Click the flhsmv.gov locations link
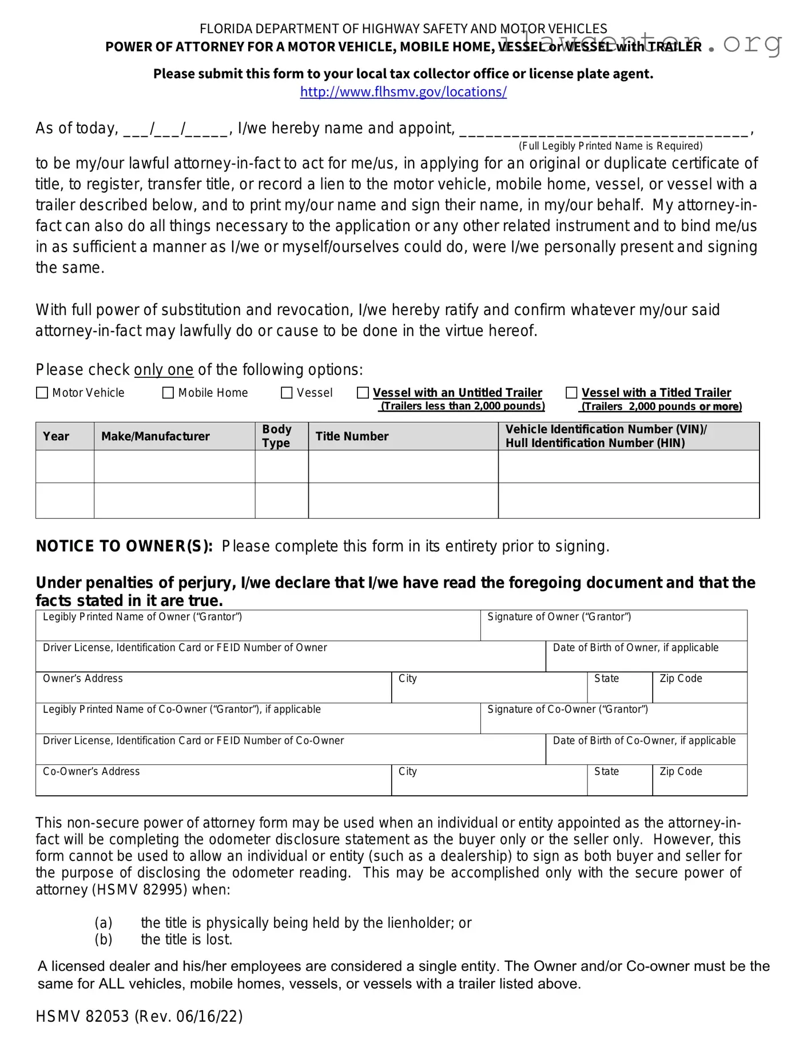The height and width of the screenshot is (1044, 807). (x=403, y=92)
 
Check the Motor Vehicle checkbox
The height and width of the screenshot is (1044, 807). (x=42, y=393)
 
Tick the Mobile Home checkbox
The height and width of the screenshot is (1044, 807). (x=168, y=393)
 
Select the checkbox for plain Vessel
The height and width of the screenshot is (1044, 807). (x=287, y=393)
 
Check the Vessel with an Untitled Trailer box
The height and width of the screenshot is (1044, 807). (x=363, y=393)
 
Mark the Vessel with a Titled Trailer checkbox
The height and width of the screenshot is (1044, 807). (x=571, y=393)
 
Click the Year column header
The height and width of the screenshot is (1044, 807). (x=56, y=436)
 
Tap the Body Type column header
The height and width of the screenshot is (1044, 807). (x=277, y=436)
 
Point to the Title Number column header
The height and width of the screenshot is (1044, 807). (x=352, y=436)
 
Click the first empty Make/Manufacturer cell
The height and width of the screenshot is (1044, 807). (x=174, y=467)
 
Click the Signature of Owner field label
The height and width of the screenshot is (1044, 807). (x=559, y=617)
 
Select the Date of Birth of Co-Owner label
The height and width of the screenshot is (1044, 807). (x=644, y=741)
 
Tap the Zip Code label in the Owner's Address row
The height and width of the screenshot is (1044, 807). (x=681, y=679)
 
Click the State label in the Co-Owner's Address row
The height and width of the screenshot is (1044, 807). (x=606, y=772)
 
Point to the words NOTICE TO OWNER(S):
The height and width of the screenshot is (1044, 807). (x=124, y=547)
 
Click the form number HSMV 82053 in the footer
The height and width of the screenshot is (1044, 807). (x=82, y=1017)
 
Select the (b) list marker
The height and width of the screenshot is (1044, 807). (x=104, y=939)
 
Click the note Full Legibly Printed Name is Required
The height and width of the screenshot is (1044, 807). (x=610, y=146)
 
